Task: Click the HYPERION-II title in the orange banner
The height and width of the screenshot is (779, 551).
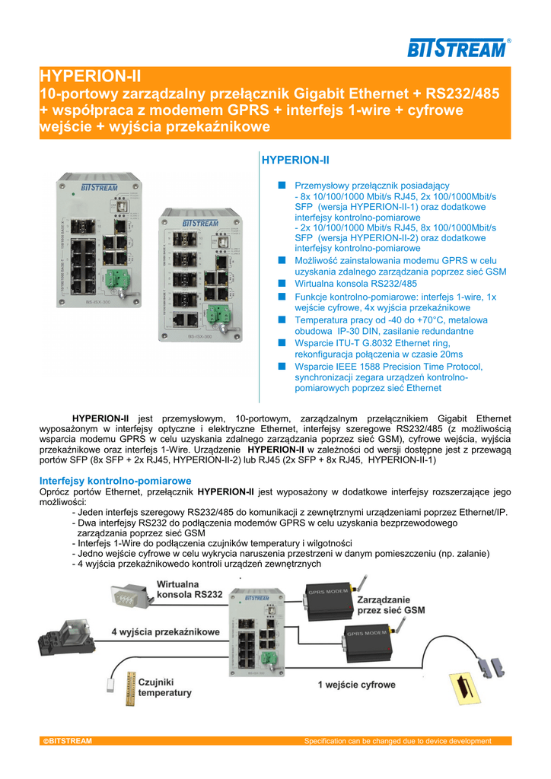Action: (90, 76)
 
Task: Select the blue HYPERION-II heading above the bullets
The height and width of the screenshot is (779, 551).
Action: (295, 161)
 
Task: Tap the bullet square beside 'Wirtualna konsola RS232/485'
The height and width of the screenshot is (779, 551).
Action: (281, 283)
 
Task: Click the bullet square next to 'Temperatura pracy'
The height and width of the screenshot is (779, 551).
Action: (281, 320)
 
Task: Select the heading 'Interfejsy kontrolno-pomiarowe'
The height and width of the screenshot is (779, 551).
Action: (115, 481)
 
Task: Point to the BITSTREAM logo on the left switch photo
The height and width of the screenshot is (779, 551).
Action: (96, 188)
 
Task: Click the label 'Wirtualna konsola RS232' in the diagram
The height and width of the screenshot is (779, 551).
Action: (190, 590)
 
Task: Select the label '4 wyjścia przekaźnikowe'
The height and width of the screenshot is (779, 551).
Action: (165, 632)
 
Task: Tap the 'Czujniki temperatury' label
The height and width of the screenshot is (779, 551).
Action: (165, 688)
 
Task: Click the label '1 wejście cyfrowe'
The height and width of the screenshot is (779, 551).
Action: (356, 685)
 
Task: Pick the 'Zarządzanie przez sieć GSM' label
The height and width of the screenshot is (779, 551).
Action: (390, 605)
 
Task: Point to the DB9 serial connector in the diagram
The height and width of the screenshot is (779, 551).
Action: (126, 596)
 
